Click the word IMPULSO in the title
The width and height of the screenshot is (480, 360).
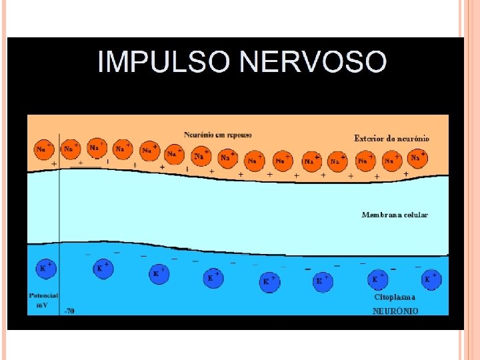(164, 62)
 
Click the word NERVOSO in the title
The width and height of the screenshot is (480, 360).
(313, 62)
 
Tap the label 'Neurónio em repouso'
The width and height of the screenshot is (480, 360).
(218, 135)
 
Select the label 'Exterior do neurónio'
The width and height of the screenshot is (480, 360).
(391, 139)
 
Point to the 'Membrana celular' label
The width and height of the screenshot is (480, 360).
(395, 215)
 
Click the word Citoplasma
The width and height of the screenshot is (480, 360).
(395, 297)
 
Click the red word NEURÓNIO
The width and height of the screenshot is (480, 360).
(395, 311)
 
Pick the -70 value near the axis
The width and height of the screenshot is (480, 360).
(69, 311)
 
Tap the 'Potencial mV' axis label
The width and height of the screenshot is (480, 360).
(43, 299)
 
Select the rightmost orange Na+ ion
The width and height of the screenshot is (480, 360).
(417, 158)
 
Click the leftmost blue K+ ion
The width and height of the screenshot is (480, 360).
(45, 269)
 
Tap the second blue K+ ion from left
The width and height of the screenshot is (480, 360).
(101, 269)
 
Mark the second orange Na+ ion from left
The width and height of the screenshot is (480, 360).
(70, 149)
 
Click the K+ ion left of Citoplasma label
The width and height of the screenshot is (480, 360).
(377, 279)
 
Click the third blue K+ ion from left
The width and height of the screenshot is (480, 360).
(157, 273)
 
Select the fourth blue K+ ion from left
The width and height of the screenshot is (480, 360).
(213, 277)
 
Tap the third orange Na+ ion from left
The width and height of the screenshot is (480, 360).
(96, 147)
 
